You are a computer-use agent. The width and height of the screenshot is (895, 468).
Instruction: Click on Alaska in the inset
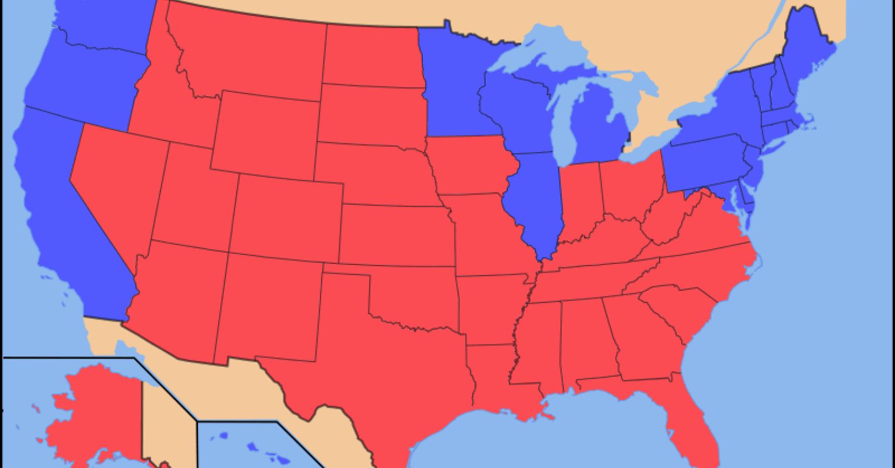tap(94, 409)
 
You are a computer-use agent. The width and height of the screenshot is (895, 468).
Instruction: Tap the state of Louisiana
tap(492, 374)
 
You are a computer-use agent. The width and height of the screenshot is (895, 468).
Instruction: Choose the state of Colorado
tap(287, 216)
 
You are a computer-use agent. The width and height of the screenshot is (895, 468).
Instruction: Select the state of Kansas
tap(392, 234)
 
